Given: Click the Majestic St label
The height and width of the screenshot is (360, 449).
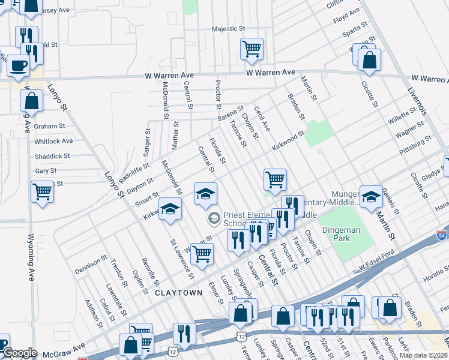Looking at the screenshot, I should (229, 29).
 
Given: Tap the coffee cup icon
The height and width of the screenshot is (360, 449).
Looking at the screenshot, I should (18, 65).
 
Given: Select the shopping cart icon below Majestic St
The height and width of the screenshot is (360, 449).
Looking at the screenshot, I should (252, 49).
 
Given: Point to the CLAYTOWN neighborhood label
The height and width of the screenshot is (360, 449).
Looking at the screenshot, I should (178, 293).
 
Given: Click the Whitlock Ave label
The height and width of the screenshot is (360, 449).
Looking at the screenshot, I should (53, 141).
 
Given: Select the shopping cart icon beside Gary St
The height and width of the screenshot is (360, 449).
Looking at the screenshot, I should (42, 192).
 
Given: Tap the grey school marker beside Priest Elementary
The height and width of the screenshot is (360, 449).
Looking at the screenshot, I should (214, 219).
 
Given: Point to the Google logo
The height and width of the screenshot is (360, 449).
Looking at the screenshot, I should (20, 353).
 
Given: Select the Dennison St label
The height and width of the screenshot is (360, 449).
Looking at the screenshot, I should (91, 266).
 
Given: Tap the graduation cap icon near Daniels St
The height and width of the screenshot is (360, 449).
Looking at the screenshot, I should (371, 196).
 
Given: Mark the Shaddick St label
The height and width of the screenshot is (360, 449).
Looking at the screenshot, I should (52, 156).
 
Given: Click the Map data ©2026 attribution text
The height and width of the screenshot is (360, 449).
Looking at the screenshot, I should (424, 355).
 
